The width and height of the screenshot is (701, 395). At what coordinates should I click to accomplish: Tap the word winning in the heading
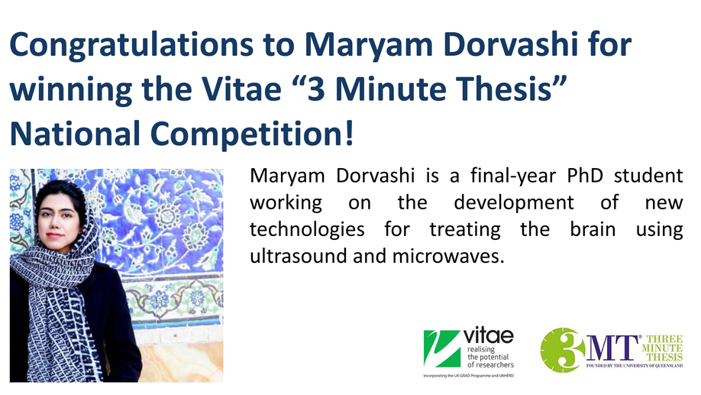click(x=70, y=89)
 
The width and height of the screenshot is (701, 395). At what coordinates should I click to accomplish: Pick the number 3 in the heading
click(x=316, y=89)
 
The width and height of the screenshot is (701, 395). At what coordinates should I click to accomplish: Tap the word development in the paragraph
click(x=514, y=203)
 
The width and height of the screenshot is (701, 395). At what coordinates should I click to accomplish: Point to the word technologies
click(x=307, y=230)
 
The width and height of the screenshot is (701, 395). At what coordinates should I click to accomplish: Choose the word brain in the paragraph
click(x=593, y=229)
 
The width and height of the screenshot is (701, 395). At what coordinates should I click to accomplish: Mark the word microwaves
click(x=448, y=256)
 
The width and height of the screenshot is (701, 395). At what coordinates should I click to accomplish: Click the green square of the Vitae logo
click(x=441, y=348)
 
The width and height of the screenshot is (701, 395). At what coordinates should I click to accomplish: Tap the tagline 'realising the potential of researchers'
click(x=490, y=357)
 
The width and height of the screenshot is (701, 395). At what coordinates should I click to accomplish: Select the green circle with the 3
click(x=563, y=350)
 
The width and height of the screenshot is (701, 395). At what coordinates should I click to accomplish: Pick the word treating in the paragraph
click(x=465, y=230)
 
